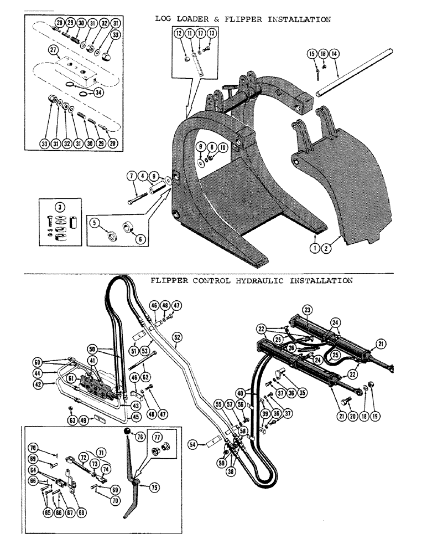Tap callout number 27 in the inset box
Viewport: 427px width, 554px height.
pyautogui.click(x=53, y=50)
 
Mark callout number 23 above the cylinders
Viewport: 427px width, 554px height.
pyautogui.click(x=308, y=309)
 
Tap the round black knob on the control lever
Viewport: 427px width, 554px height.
pyautogui.click(x=127, y=432)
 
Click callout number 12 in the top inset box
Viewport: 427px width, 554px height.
pyautogui.click(x=179, y=34)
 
